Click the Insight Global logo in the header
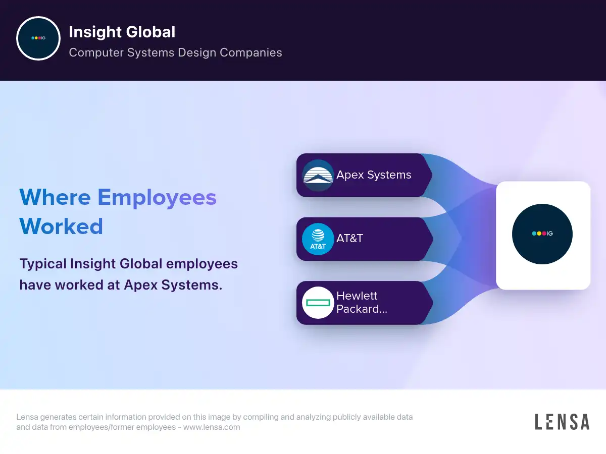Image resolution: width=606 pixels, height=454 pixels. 38,38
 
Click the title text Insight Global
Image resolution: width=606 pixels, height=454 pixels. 122,32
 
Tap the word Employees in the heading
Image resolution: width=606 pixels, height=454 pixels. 157,197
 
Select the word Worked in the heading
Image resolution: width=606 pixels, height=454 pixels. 61,226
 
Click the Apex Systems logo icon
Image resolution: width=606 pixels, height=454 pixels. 318,176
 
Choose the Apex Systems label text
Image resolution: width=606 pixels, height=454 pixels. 374,175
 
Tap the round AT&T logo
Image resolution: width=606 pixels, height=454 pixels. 318,239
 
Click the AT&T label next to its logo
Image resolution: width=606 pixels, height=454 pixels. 349,239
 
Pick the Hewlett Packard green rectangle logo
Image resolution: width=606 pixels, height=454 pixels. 318,303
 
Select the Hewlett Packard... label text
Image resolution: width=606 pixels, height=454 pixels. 362,302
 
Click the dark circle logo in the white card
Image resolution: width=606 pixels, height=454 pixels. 542,234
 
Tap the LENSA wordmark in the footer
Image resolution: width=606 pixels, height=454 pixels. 563,422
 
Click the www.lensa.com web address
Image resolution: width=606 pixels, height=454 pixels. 212,427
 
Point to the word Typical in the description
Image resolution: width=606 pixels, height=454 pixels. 43,264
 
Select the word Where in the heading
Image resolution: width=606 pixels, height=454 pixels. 55,197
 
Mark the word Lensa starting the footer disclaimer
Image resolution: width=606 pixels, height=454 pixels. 27,417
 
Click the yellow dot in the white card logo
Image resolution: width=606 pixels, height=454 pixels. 539,234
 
